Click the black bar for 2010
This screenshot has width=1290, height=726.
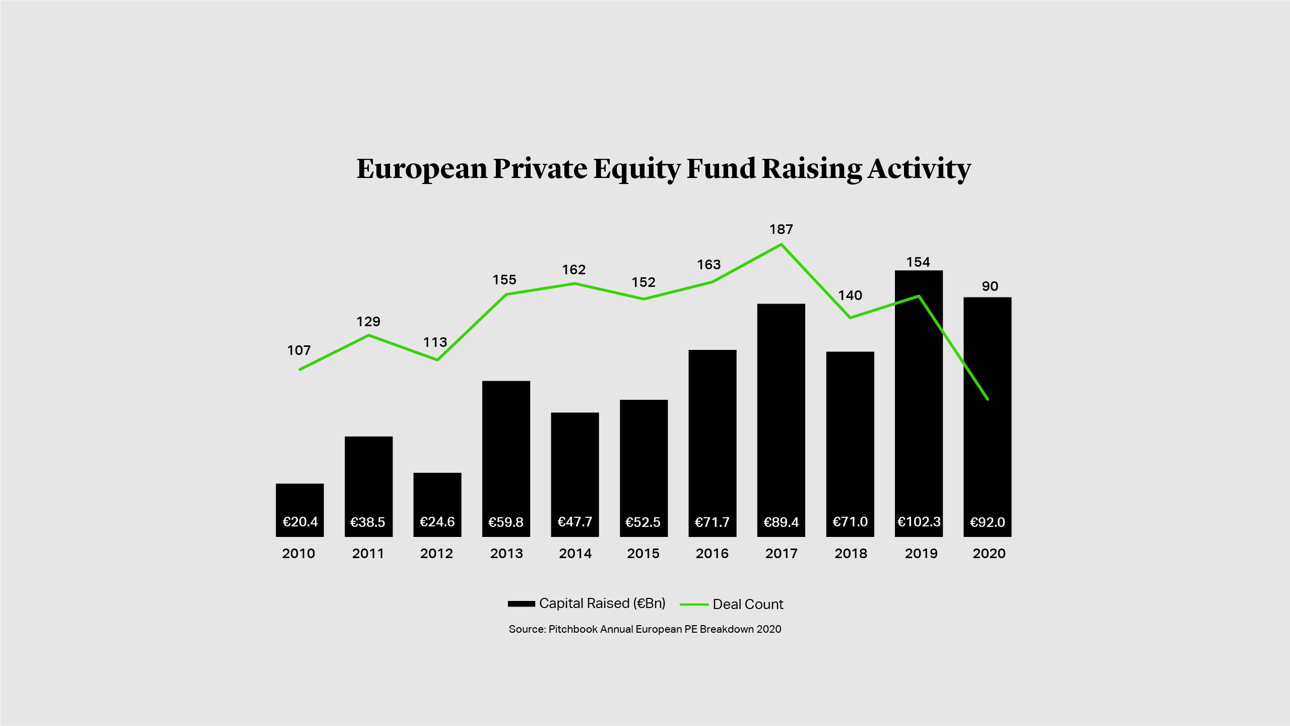click(x=300, y=499)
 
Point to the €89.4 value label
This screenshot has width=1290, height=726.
click(x=781, y=522)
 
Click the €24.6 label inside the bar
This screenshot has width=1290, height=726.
click(x=437, y=522)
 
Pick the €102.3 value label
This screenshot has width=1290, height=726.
click(x=919, y=522)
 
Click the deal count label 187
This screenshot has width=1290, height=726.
click(x=781, y=229)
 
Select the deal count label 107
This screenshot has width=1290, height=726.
click(x=299, y=350)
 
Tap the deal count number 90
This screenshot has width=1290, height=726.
click(x=990, y=286)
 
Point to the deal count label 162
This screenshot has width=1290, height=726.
click(x=574, y=270)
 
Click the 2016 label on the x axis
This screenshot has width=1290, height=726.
click(x=712, y=554)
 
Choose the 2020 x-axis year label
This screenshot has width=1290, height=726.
click(x=989, y=554)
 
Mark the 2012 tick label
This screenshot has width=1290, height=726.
click(x=436, y=554)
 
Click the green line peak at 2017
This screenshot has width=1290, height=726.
click(x=781, y=245)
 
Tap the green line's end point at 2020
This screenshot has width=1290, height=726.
click(x=988, y=399)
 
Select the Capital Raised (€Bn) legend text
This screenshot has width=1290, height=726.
click(x=602, y=603)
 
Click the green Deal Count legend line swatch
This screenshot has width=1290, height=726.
click(x=694, y=604)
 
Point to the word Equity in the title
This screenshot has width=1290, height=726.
click(x=637, y=169)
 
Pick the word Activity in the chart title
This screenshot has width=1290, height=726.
click(x=919, y=169)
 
